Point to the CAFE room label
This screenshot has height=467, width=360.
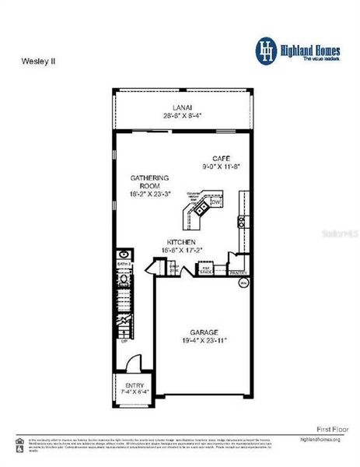point(222,157)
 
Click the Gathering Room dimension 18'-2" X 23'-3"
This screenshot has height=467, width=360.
point(149,195)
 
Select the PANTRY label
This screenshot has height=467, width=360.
point(238,272)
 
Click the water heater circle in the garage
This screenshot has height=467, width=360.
point(242,284)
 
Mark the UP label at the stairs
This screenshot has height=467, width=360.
point(124,340)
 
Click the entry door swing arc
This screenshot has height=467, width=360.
point(133,362)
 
